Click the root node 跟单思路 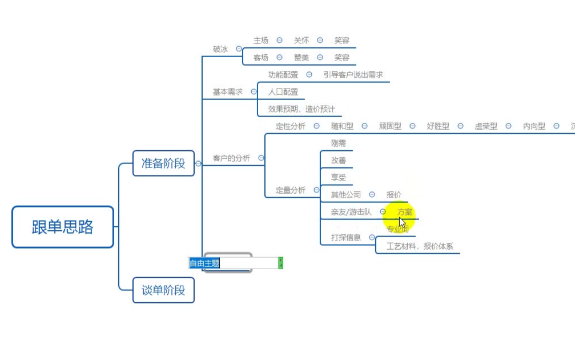pyautogui.click(x=63, y=227)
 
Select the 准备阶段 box pyautogui.click(x=163, y=163)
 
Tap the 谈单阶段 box pyautogui.click(x=163, y=290)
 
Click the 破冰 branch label pyautogui.click(x=220, y=49)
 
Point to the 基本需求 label pyautogui.click(x=228, y=91)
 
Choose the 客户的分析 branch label pyautogui.click(x=231, y=158)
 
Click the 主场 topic pyautogui.click(x=261, y=41)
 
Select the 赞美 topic pyautogui.click(x=301, y=58)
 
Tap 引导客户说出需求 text pyautogui.click(x=353, y=75)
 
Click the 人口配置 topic pyautogui.click(x=283, y=91)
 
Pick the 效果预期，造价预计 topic pyautogui.click(x=301, y=109)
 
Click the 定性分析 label pyautogui.click(x=291, y=126)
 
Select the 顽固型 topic pyautogui.click(x=390, y=126)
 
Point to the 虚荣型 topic pyautogui.click(x=486, y=126)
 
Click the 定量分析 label pyautogui.click(x=291, y=190)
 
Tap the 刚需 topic pyautogui.click(x=339, y=143)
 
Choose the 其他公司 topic pyautogui.click(x=346, y=195)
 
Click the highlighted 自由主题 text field pyautogui.click(x=234, y=263)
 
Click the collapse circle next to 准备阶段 pyautogui.click(x=199, y=163)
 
